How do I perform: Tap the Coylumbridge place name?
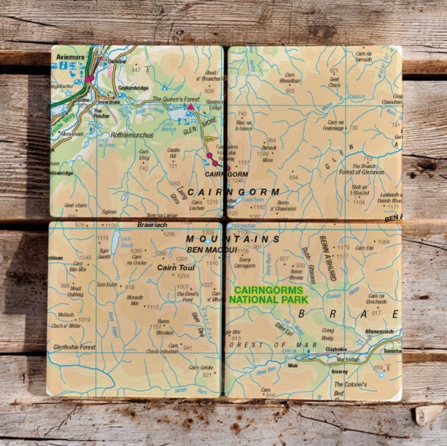134,88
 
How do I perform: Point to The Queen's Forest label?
176,100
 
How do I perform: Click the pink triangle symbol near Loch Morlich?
189,107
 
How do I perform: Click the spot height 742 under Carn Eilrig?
143,168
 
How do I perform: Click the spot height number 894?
293,177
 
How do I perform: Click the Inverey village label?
339,373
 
